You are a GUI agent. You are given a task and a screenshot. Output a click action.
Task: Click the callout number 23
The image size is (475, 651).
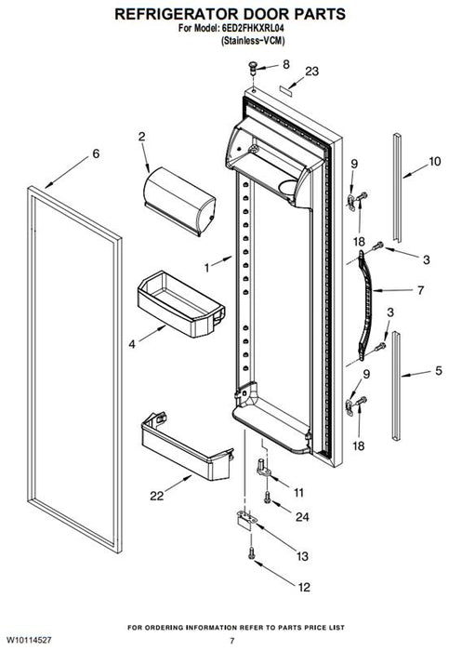tap(312, 72)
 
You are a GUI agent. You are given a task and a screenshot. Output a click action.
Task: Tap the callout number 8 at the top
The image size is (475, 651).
tap(286, 64)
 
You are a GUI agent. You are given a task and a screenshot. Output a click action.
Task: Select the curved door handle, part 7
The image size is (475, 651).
tap(365, 305)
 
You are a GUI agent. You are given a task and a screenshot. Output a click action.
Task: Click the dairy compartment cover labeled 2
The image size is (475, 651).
tap(179, 201)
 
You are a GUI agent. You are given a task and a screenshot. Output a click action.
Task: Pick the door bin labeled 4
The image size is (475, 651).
tap(181, 303)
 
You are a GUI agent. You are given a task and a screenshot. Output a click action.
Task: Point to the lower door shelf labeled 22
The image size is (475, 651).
tap(187, 447)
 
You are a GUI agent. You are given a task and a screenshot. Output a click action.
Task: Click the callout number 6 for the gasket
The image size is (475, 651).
tap(96, 153)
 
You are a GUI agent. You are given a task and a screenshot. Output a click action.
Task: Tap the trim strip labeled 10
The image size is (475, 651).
tap(398, 187)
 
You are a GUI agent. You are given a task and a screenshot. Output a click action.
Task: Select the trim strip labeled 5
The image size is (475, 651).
tap(397, 386)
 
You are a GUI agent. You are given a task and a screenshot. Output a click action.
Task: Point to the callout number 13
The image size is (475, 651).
tap(302, 556)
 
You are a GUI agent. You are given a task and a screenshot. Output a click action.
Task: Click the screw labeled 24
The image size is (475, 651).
tap(267, 497)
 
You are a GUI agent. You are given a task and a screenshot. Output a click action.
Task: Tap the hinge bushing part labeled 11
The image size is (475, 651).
tap(263, 468)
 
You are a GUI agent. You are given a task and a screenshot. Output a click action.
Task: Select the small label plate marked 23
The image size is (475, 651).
tap(285, 91)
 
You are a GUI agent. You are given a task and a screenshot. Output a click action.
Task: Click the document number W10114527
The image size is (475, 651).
tap(29, 640)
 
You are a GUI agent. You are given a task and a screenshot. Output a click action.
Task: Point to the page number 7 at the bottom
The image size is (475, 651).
tap(232, 641)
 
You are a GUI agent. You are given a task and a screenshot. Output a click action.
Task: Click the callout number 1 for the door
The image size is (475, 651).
tap(207, 268)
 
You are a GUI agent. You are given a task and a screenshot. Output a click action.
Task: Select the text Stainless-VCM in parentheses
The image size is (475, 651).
tap(253, 41)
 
